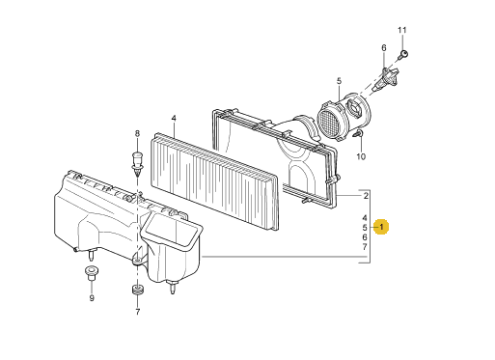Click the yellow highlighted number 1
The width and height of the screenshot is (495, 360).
tap(381, 227)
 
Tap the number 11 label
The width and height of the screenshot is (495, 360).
tap(402, 30)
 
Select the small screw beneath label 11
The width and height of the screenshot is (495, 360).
tap(402, 54)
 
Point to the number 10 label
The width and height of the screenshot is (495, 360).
tap(361, 156)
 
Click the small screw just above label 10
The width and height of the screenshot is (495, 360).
tap(359, 134)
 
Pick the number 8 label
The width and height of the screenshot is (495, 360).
tap(137, 133)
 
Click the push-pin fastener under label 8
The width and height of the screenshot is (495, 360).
tap(137, 164)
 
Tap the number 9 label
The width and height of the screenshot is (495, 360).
tap(92, 298)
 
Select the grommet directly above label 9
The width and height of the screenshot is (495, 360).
tap(92, 273)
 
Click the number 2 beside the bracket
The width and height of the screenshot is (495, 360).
tap(366, 196)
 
